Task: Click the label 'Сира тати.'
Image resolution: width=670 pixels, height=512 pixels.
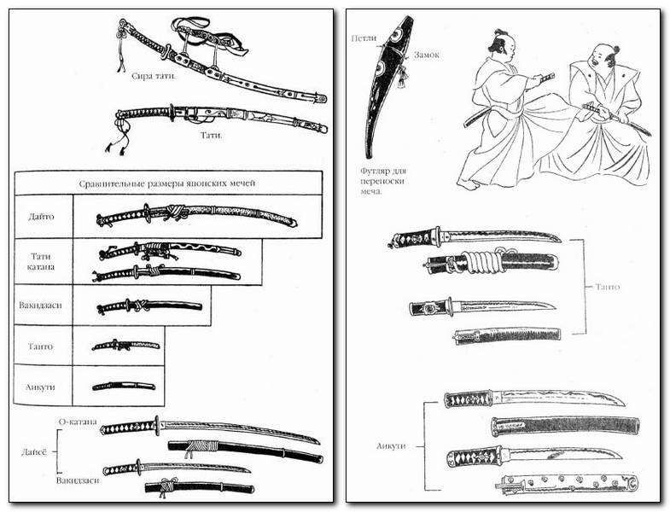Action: click(x=154, y=77)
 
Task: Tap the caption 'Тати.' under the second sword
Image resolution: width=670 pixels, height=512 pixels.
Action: click(x=211, y=136)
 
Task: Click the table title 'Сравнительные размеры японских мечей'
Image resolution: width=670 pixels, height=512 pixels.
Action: click(x=167, y=183)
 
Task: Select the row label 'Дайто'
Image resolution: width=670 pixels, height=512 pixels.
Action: click(x=41, y=217)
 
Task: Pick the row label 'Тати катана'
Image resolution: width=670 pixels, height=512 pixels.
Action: click(x=43, y=262)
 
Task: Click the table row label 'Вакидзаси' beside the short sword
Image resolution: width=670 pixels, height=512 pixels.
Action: click(x=40, y=305)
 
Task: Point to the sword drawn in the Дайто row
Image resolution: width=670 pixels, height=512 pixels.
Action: click(x=196, y=215)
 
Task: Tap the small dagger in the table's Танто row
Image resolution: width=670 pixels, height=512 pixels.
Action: click(x=125, y=346)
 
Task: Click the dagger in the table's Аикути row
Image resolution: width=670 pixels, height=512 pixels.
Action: click(x=124, y=387)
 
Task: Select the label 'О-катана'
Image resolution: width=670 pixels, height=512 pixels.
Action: click(x=78, y=422)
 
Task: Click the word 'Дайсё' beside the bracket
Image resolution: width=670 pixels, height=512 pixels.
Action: click(x=34, y=451)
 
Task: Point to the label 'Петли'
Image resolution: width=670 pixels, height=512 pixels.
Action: click(x=364, y=38)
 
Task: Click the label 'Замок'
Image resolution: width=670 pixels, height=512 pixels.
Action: click(x=427, y=55)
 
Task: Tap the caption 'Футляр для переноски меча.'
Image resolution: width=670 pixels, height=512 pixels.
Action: click(x=383, y=181)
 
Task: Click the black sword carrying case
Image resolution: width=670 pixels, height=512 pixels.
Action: click(x=389, y=87)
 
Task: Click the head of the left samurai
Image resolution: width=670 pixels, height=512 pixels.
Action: click(x=504, y=45)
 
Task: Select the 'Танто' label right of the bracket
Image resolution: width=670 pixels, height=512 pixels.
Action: click(x=607, y=287)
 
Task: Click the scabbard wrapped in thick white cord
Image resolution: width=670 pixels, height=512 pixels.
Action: click(x=492, y=261)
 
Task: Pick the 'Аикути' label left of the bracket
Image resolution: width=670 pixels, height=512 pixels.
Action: click(x=391, y=445)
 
